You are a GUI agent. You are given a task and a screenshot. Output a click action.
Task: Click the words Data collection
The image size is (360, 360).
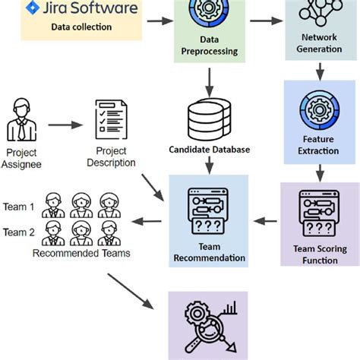point(81,27)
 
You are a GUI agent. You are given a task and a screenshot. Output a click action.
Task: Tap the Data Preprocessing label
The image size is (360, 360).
point(210,46)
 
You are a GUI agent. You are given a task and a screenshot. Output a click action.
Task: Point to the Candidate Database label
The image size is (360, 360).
point(210,150)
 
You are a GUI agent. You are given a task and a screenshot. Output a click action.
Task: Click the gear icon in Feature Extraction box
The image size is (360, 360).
point(319,107)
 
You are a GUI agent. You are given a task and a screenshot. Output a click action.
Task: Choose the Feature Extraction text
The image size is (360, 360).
point(319,146)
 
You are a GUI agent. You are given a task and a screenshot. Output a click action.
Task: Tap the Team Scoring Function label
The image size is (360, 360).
point(319,253)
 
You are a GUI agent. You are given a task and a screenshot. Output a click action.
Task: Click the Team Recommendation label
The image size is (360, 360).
point(210,252)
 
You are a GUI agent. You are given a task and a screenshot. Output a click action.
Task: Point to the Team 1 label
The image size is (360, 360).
point(19,206)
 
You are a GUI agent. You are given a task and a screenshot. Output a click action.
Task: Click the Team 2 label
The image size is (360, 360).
point(19,232)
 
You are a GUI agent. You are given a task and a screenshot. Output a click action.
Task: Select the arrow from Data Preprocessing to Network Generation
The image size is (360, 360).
point(261,21)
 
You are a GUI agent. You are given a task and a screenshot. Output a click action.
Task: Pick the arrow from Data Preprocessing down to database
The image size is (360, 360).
point(209,79)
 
